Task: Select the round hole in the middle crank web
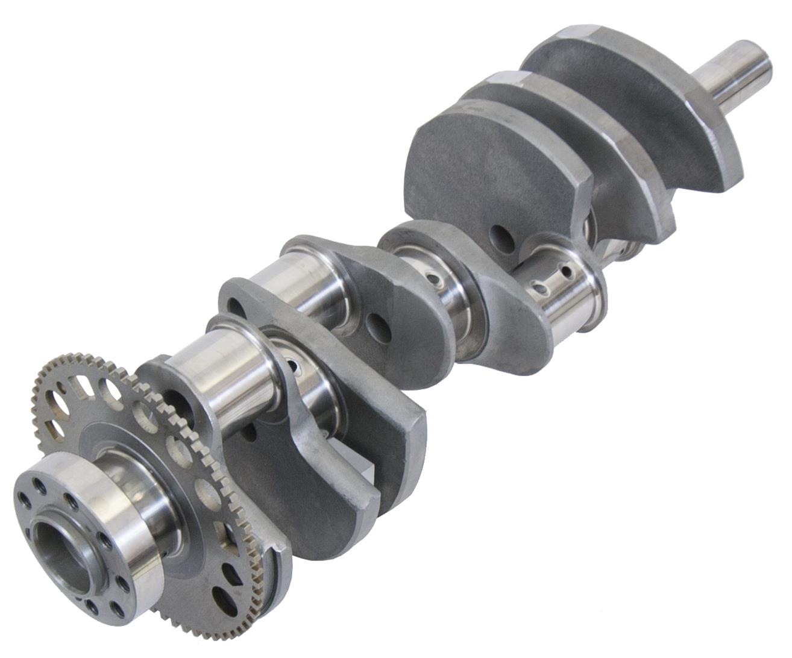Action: pos(380,325)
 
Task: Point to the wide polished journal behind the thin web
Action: pos(283,283)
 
